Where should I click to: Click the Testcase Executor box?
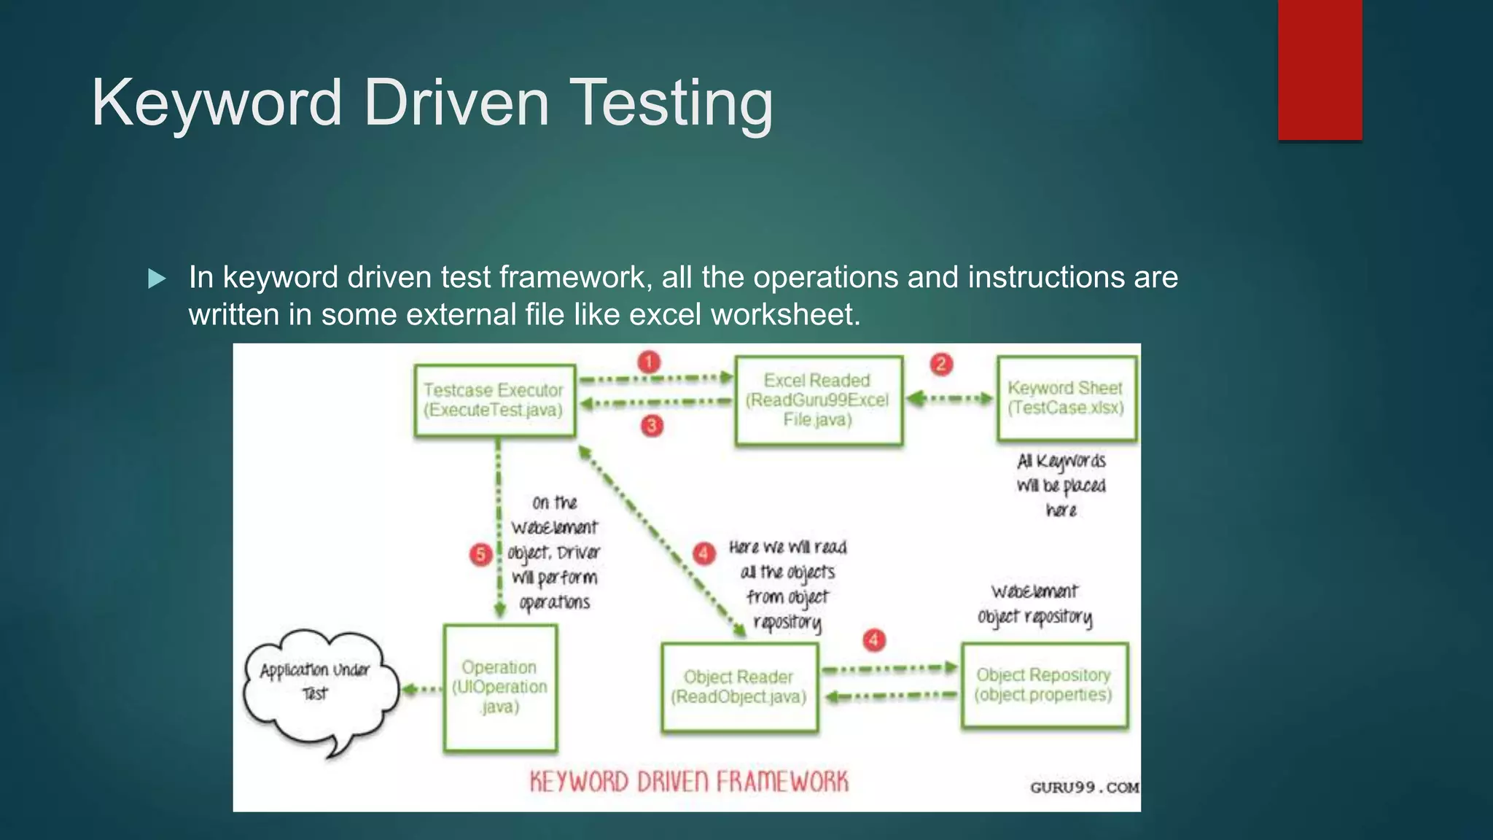[494, 400]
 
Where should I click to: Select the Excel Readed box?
[818, 400]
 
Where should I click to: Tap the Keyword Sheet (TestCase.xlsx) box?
[1066, 398]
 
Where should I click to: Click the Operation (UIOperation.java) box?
[500, 688]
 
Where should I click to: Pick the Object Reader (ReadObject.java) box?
[738, 687]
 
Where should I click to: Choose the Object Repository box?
[1044, 685]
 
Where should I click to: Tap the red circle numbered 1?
[649, 362]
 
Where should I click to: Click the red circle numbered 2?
[941, 364]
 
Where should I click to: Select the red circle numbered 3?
[652, 426]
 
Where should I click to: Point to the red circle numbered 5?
[480, 554]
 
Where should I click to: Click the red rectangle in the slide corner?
[1319, 69]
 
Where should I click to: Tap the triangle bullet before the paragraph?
[157, 279]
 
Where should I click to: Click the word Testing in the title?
[670, 103]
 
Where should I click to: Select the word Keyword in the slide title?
[217, 103]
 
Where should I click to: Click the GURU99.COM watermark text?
[1084, 787]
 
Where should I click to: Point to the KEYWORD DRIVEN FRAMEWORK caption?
[689, 782]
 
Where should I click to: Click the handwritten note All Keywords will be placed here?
[1061, 486]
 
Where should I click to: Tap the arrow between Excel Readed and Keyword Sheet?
[949, 398]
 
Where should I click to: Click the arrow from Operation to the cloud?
[422, 689]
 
